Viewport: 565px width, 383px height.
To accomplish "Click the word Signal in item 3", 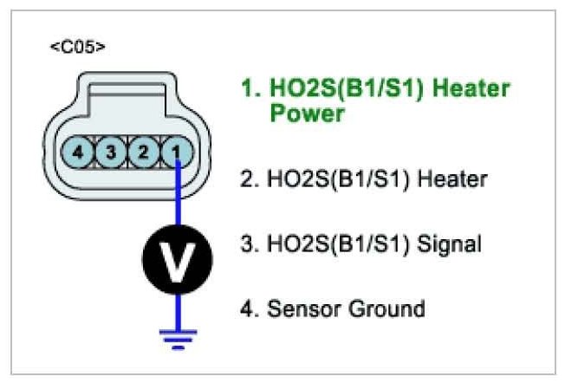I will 450,244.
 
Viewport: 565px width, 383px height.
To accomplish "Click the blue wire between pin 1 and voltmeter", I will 177,199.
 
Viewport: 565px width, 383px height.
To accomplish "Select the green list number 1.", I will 247,89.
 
